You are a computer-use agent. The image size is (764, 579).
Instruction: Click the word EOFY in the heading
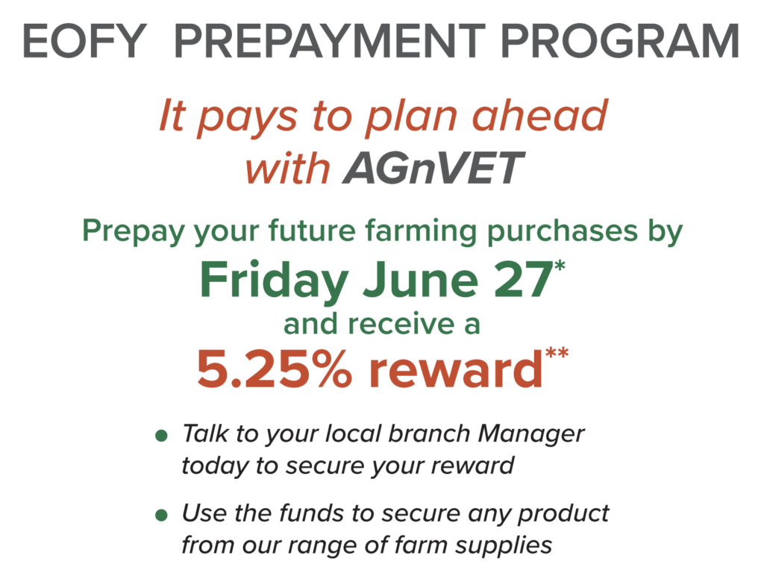pyautogui.click(x=85, y=42)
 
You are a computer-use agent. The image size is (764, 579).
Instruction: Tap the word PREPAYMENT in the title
pyautogui.click(x=330, y=42)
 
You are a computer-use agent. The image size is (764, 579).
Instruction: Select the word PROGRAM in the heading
pyautogui.click(x=620, y=42)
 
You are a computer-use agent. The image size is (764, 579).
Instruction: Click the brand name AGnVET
pyautogui.click(x=433, y=168)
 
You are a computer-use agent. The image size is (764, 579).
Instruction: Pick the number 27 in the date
pyautogui.click(x=522, y=281)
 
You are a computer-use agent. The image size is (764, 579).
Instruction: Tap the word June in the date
pyautogui.click(x=421, y=281)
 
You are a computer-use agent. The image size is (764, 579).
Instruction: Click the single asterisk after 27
pyautogui.click(x=560, y=266)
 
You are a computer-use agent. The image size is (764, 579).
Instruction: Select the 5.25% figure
pyautogui.click(x=274, y=369)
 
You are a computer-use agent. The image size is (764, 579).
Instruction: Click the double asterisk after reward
pyautogui.click(x=557, y=352)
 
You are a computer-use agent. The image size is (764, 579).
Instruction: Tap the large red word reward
pyautogui.click(x=455, y=369)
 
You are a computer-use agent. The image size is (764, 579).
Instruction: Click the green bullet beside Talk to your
pyautogui.click(x=161, y=435)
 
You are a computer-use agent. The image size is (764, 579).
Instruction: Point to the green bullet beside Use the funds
pyautogui.click(x=161, y=515)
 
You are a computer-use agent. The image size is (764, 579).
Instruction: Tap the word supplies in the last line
pyautogui.click(x=504, y=546)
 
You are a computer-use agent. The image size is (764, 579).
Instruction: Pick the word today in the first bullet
pyautogui.click(x=215, y=466)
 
